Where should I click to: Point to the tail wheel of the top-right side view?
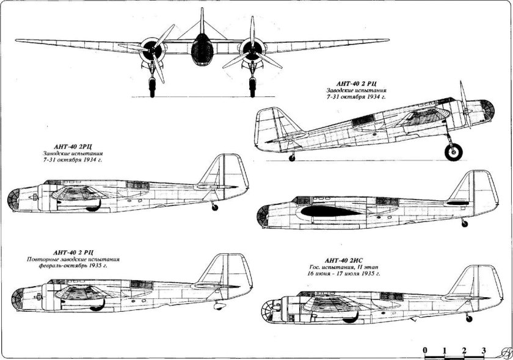click(x=292, y=159)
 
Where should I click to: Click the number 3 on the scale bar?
click(x=484, y=350)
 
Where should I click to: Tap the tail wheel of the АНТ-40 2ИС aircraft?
click(x=468, y=319)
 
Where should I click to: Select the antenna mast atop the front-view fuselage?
click(x=200, y=21)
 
